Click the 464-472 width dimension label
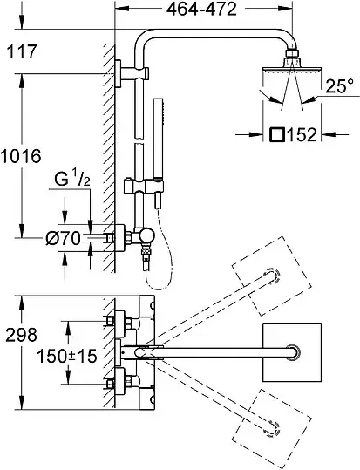pyautogui.click(x=201, y=10)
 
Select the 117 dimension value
pyautogui.click(x=22, y=51)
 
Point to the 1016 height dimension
pyautogui.click(x=20, y=156)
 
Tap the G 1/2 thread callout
pyautogui.click(x=72, y=180)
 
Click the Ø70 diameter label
pyautogui.click(x=64, y=239)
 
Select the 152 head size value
pyautogui.click(x=302, y=134)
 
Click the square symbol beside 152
pyautogui.click(x=277, y=134)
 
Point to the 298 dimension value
pyautogui.click(x=22, y=335)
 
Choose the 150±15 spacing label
pyautogui.click(x=67, y=356)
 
